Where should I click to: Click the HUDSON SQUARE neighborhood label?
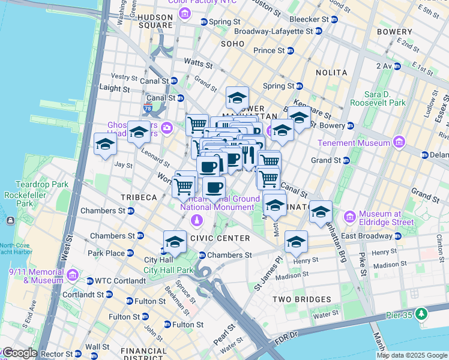click(155, 21)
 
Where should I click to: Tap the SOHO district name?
click(233, 44)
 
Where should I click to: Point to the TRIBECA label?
click(138, 197)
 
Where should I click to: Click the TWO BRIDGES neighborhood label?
click(301, 299)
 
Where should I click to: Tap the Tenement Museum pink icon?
click(398, 143)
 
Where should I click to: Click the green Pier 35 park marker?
click(422, 313)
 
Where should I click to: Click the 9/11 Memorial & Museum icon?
click(73, 275)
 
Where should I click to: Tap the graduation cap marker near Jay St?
click(105, 145)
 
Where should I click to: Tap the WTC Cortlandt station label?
click(115, 281)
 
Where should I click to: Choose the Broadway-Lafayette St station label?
click(273, 31)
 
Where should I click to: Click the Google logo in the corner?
click(19, 353)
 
